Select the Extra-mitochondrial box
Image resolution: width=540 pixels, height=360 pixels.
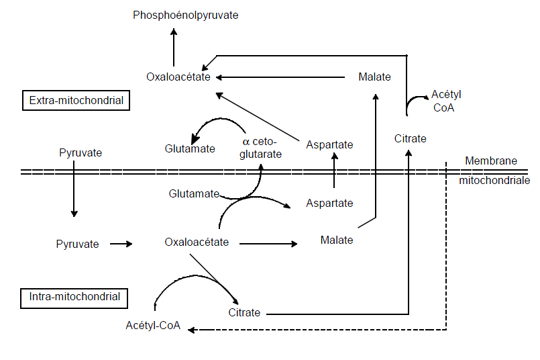pyautogui.click(x=76, y=101)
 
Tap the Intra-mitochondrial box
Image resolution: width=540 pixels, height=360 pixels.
pyautogui.click(x=74, y=297)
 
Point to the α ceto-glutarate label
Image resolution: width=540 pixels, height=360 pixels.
pyautogui.click(x=261, y=148)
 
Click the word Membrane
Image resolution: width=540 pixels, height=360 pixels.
pyautogui.click(x=491, y=161)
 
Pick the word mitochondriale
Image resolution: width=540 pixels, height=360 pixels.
pyautogui.click(x=494, y=180)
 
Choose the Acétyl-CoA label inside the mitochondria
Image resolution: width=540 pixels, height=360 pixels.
pyautogui.click(x=153, y=326)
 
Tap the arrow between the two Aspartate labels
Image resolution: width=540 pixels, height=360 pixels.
pyautogui.click(x=334, y=171)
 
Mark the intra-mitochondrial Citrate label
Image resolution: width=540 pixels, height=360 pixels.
pyautogui.click(x=244, y=313)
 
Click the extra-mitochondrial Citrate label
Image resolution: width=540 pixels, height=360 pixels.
pyautogui.click(x=410, y=138)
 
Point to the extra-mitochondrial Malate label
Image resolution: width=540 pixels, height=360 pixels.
pyautogui.click(x=374, y=77)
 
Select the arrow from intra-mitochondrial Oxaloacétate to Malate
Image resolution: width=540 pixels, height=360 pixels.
pyautogui.click(x=268, y=243)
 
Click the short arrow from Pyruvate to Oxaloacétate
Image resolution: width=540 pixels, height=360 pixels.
pyautogui.click(x=121, y=244)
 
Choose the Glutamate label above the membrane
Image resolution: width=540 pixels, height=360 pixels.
pyautogui.click(x=190, y=148)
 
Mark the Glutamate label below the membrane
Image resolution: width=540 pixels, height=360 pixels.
pyautogui.click(x=194, y=193)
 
